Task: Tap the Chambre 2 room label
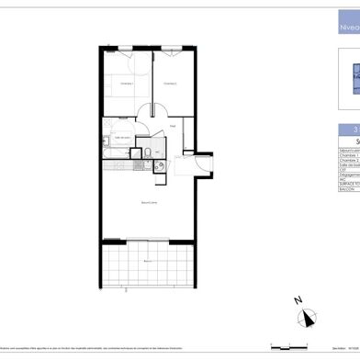(168, 84)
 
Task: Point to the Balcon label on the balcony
(148, 262)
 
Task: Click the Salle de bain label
(121, 137)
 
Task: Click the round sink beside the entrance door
(160, 166)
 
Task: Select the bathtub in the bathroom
(119, 152)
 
